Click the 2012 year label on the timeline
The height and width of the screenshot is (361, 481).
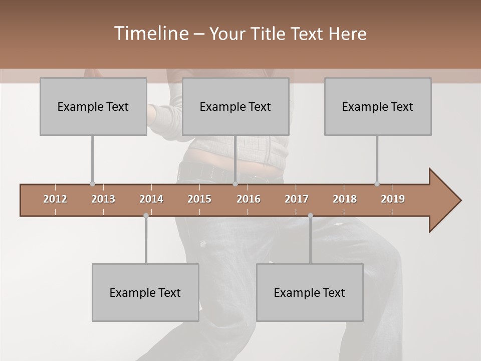click(55, 199)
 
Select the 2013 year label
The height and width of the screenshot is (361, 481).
click(103, 199)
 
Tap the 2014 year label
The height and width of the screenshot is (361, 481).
click(151, 199)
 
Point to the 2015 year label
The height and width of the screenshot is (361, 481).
click(199, 199)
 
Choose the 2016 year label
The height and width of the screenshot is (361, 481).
click(249, 199)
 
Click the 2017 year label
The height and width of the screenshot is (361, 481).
click(297, 199)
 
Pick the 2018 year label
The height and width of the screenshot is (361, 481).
click(345, 199)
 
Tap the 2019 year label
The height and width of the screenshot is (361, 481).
click(393, 199)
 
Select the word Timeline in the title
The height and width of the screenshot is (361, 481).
click(150, 34)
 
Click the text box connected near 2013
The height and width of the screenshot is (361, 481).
click(93, 106)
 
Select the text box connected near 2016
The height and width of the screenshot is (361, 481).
click(235, 106)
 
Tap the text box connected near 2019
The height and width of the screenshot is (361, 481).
click(378, 106)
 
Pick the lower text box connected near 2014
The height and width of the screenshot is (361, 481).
click(145, 292)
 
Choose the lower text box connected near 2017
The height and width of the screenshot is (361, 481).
click(310, 292)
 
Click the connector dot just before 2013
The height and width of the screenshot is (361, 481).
click(92, 184)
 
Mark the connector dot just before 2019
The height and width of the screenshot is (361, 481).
click(377, 184)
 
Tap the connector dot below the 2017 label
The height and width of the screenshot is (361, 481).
click(310, 216)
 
